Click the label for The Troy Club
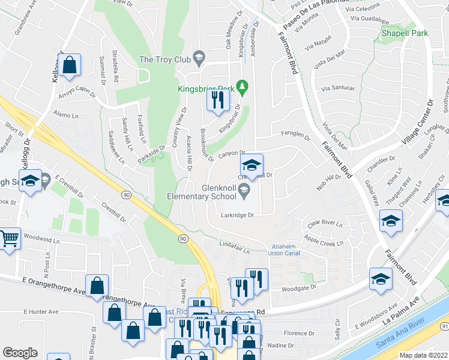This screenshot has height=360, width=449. click(164, 59)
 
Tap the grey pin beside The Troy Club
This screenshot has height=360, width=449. click(199, 59)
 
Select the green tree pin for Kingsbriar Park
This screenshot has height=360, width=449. click(243, 88)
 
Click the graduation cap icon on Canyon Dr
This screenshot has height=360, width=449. click(252, 165)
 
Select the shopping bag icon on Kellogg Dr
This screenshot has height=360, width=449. click(70, 66)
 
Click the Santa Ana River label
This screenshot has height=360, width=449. click(399, 340)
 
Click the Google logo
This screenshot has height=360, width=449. click(20, 353)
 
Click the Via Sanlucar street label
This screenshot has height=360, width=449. click(338, 88)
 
